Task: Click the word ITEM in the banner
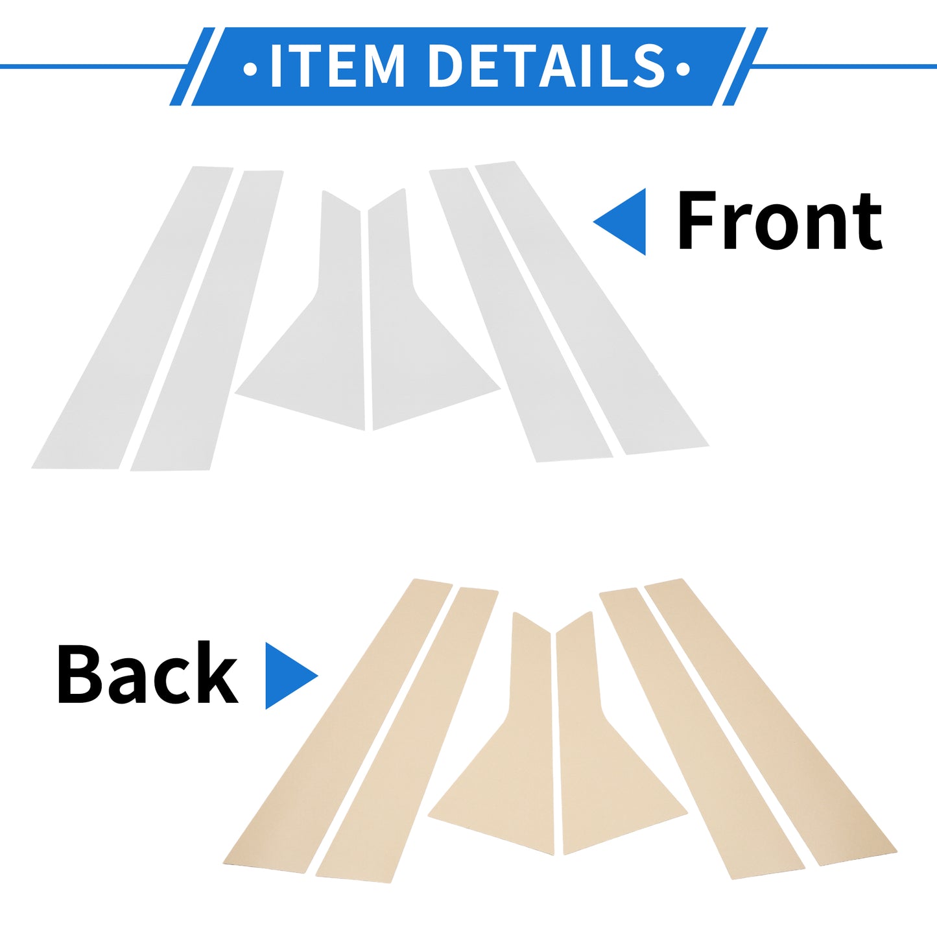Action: [337, 66]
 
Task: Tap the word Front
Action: [779, 220]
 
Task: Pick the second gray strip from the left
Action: [207, 320]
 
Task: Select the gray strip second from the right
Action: [521, 315]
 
